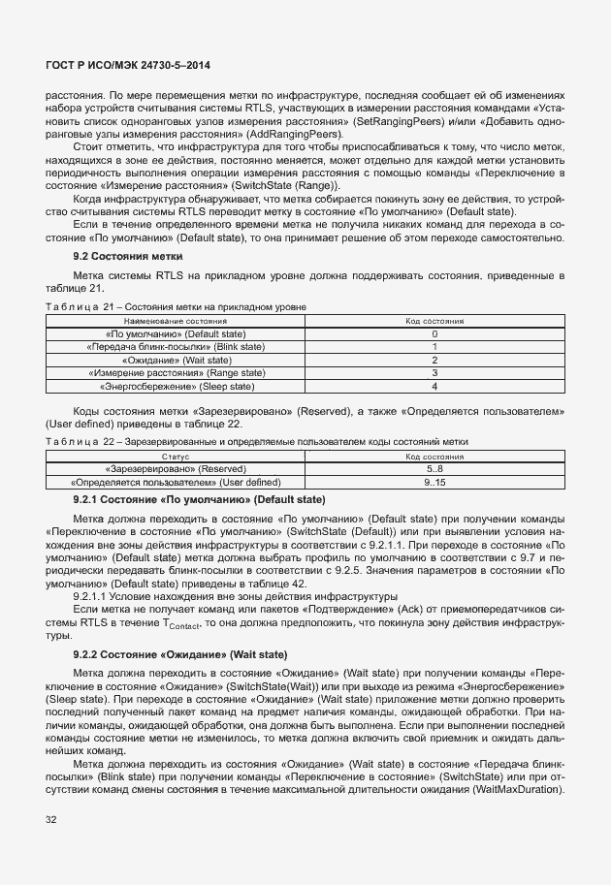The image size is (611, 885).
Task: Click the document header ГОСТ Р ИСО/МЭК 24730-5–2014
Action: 128,66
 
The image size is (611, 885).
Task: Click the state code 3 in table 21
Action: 434,372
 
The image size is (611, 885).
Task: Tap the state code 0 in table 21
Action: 434,333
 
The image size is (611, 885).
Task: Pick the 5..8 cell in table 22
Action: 434,468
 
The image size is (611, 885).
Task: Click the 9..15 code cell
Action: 434,482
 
